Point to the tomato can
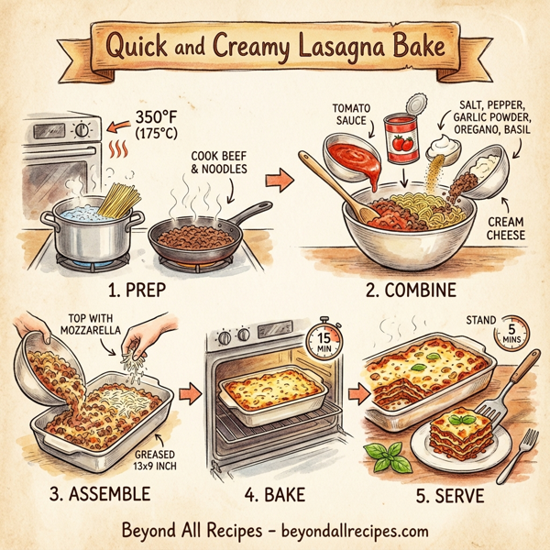[401, 137]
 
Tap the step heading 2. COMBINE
[409, 296]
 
